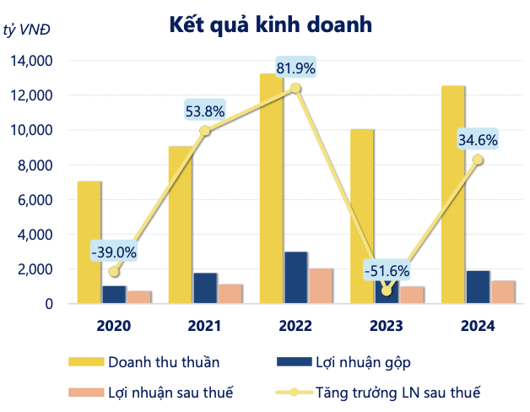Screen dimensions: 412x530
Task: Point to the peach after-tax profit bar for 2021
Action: point(230,294)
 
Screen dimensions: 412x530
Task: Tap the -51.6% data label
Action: point(387,271)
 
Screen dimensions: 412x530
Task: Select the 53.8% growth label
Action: point(206,110)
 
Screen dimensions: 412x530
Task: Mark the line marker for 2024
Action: point(478,160)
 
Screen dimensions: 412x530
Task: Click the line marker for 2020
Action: point(114,272)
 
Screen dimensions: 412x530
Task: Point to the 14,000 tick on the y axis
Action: point(30,61)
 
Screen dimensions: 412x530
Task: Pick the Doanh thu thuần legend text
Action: point(164,362)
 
